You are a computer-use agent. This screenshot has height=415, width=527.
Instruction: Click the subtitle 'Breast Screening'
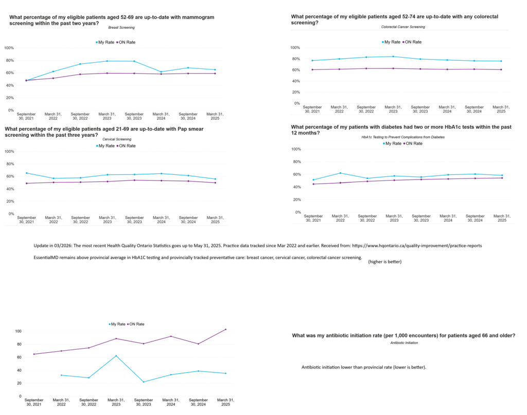pos(118,27)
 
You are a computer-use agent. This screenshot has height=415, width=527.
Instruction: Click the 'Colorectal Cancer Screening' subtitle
pos(403,27)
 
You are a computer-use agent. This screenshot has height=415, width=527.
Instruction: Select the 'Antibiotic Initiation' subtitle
pos(404,342)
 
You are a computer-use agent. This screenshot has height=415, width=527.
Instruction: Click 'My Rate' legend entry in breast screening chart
pos(104,42)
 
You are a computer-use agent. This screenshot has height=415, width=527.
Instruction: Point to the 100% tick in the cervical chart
pos(9,151)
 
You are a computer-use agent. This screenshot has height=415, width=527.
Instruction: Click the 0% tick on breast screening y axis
pos(10,110)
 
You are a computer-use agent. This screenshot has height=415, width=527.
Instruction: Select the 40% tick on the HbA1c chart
pos(296,187)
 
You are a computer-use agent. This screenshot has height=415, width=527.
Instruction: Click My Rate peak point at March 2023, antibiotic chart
pos(116,356)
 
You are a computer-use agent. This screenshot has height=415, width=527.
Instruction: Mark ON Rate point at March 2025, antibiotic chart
pos(225,330)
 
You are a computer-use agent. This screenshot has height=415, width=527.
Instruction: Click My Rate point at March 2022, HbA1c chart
pos(340,173)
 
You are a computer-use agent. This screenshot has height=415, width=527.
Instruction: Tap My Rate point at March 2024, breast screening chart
pos(161,72)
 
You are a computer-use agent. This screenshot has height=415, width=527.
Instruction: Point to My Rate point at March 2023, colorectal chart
pos(393,57)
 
